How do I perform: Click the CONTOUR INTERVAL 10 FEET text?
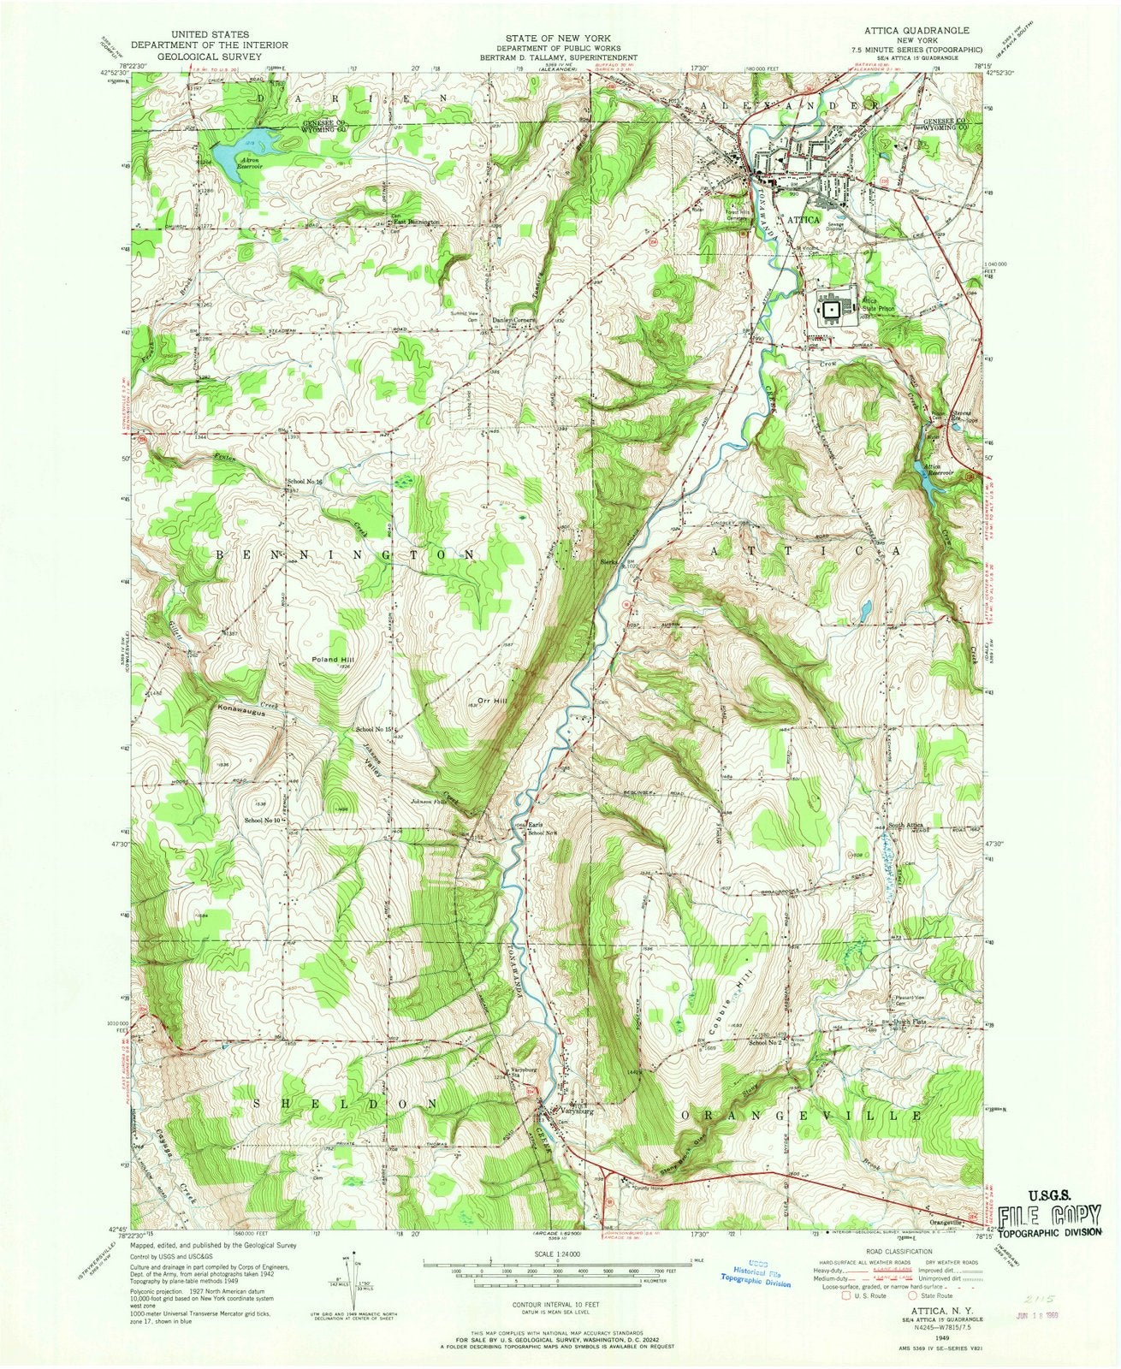pos(560,1307)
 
